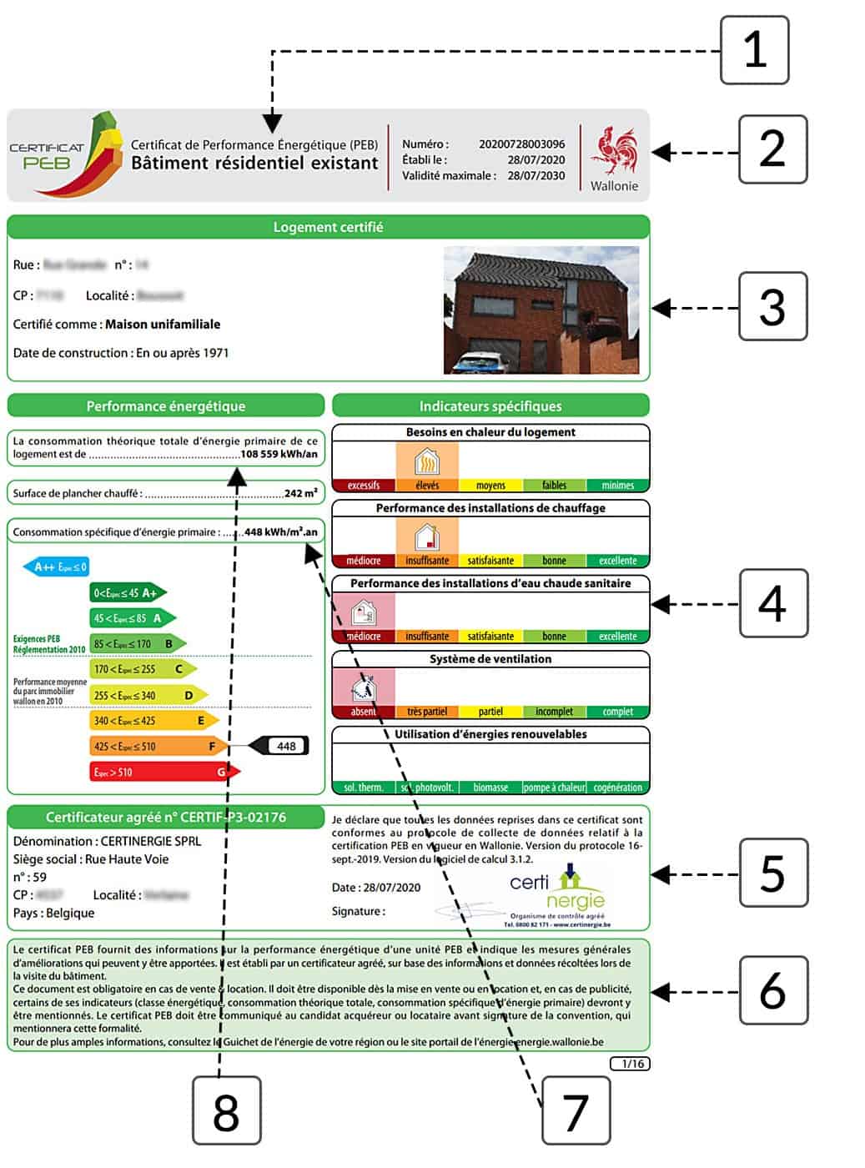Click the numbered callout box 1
[754, 50]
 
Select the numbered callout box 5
[772, 873]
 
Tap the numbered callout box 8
[226, 1110]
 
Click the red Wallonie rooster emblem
[615, 151]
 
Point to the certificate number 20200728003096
[521, 144]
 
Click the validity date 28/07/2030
[536, 176]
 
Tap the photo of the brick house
[541, 310]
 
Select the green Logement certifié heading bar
[328, 227]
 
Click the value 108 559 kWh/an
[279, 455]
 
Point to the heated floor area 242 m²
[300, 493]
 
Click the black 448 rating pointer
[281, 746]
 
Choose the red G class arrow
[163, 772]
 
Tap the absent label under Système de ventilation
[363, 712]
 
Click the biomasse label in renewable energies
[490, 788]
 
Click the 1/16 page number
[630, 1064]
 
